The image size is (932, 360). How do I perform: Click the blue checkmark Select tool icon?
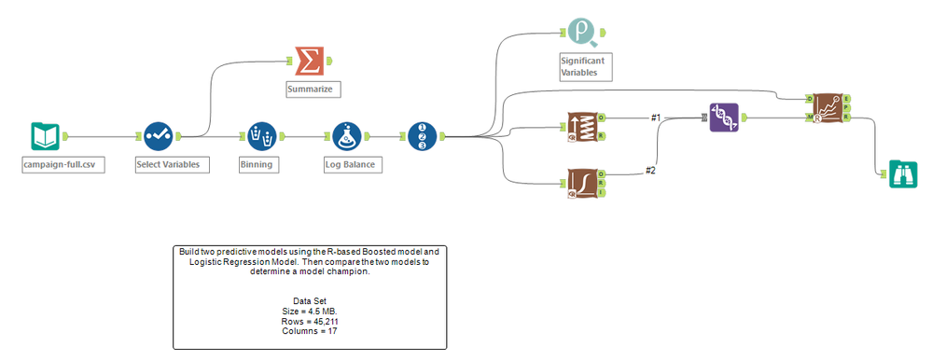(x=159, y=136)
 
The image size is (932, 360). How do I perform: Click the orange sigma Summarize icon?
(x=309, y=61)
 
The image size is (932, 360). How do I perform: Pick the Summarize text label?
(x=313, y=90)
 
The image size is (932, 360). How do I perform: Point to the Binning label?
(x=256, y=165)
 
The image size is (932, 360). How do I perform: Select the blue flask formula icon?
(x=347, y=136)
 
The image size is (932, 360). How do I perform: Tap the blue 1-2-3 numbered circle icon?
(x=422, y=136)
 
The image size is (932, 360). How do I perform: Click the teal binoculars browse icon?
(x=901, y=173)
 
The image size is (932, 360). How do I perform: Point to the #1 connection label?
(x=655, y=118)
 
